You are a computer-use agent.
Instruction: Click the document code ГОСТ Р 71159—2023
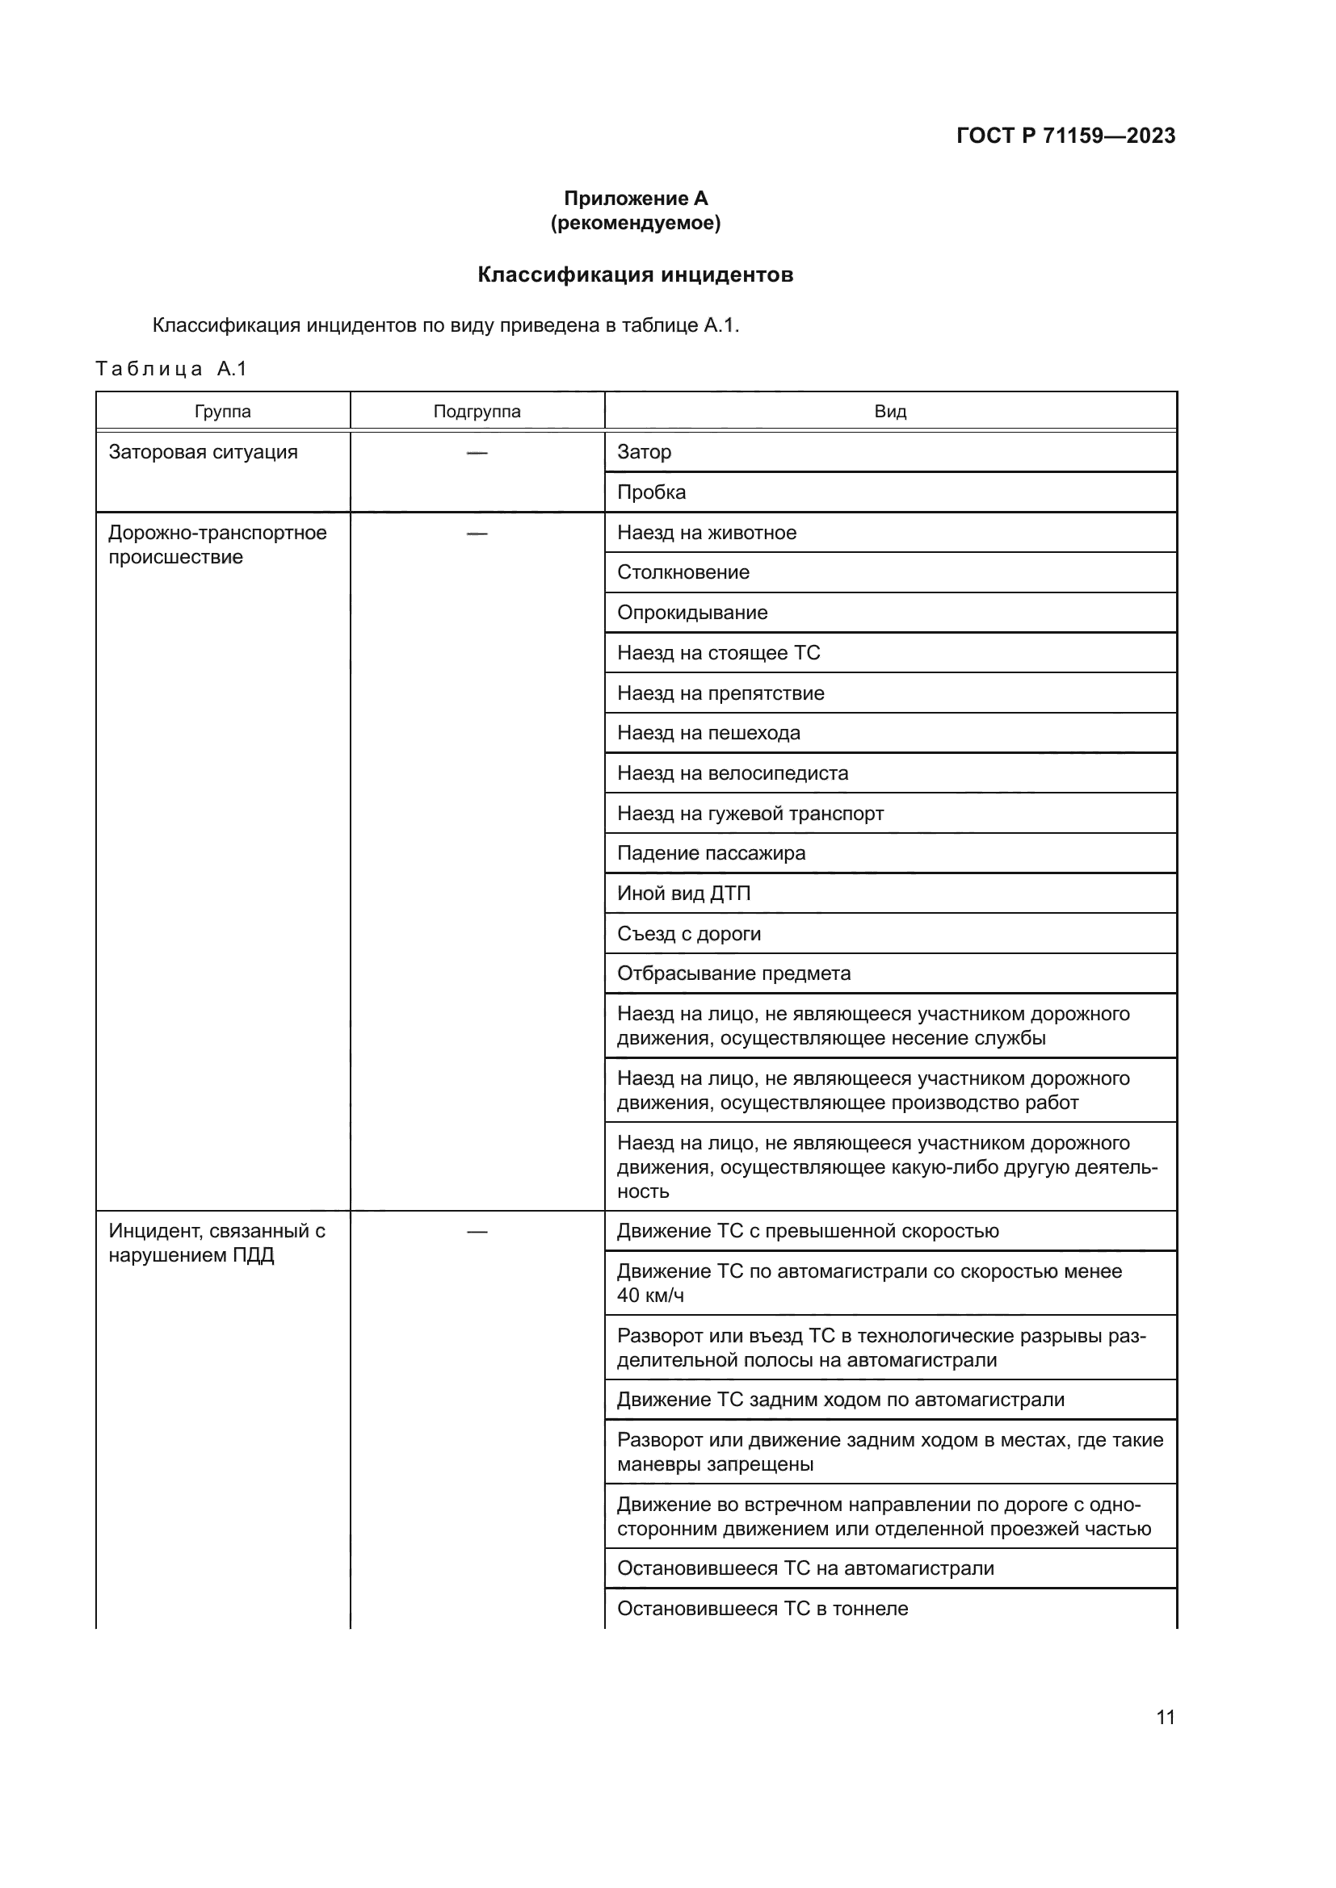tap(1065, 136)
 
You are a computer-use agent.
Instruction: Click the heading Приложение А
tap(635, 199)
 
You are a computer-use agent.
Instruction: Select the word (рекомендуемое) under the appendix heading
tap(635, 223)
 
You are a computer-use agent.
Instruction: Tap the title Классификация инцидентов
tap(635, 274)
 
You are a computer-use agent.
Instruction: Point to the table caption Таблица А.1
tap(171, 368)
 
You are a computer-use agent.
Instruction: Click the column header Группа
tap(223, 411)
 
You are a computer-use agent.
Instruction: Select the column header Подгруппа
tap(477, 411)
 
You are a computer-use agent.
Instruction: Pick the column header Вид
tap(890, 411)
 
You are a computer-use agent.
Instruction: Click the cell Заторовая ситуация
tap(204, 452)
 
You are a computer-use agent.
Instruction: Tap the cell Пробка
tap(652, 492)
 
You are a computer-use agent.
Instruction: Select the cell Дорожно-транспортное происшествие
tap(217, 544)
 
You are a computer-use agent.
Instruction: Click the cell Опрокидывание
tap(693, 613)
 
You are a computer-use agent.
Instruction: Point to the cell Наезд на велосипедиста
tap(733, 773)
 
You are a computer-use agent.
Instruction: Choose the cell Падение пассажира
tap(712, 852)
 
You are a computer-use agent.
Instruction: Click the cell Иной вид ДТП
tap(683, 893)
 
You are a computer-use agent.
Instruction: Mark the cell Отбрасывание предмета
tap(733, 973)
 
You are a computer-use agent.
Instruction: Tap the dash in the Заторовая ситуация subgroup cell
tap(477, 452)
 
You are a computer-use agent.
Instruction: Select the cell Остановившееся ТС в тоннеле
tap(763, 1608)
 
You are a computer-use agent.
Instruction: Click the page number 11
tap(1165, 1717)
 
